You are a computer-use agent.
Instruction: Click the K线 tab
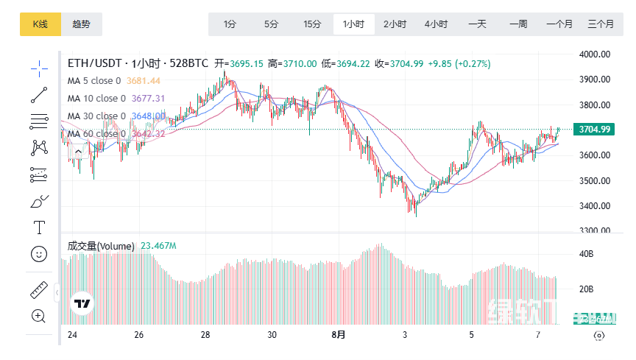40,24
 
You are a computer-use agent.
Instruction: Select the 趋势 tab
81,24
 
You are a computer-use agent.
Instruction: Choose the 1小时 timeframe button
353,24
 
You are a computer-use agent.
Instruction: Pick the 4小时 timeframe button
436,24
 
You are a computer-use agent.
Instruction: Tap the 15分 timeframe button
312,24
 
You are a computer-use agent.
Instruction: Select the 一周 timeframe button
518,24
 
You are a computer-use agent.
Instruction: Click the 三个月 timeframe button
601,24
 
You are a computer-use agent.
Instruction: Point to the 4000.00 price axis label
594,54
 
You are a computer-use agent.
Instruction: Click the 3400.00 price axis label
594,205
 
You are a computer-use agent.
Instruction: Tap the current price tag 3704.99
596,130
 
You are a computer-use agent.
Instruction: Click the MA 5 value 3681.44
144,80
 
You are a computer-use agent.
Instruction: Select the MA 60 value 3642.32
148,134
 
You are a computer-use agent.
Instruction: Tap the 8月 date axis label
338,335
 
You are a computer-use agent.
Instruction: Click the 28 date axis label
205,335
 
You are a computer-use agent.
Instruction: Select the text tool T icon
39,227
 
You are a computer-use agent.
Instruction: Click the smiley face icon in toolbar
39,254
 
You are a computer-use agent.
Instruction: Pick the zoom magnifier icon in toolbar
39,316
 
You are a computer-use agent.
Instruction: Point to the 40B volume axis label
587,254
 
